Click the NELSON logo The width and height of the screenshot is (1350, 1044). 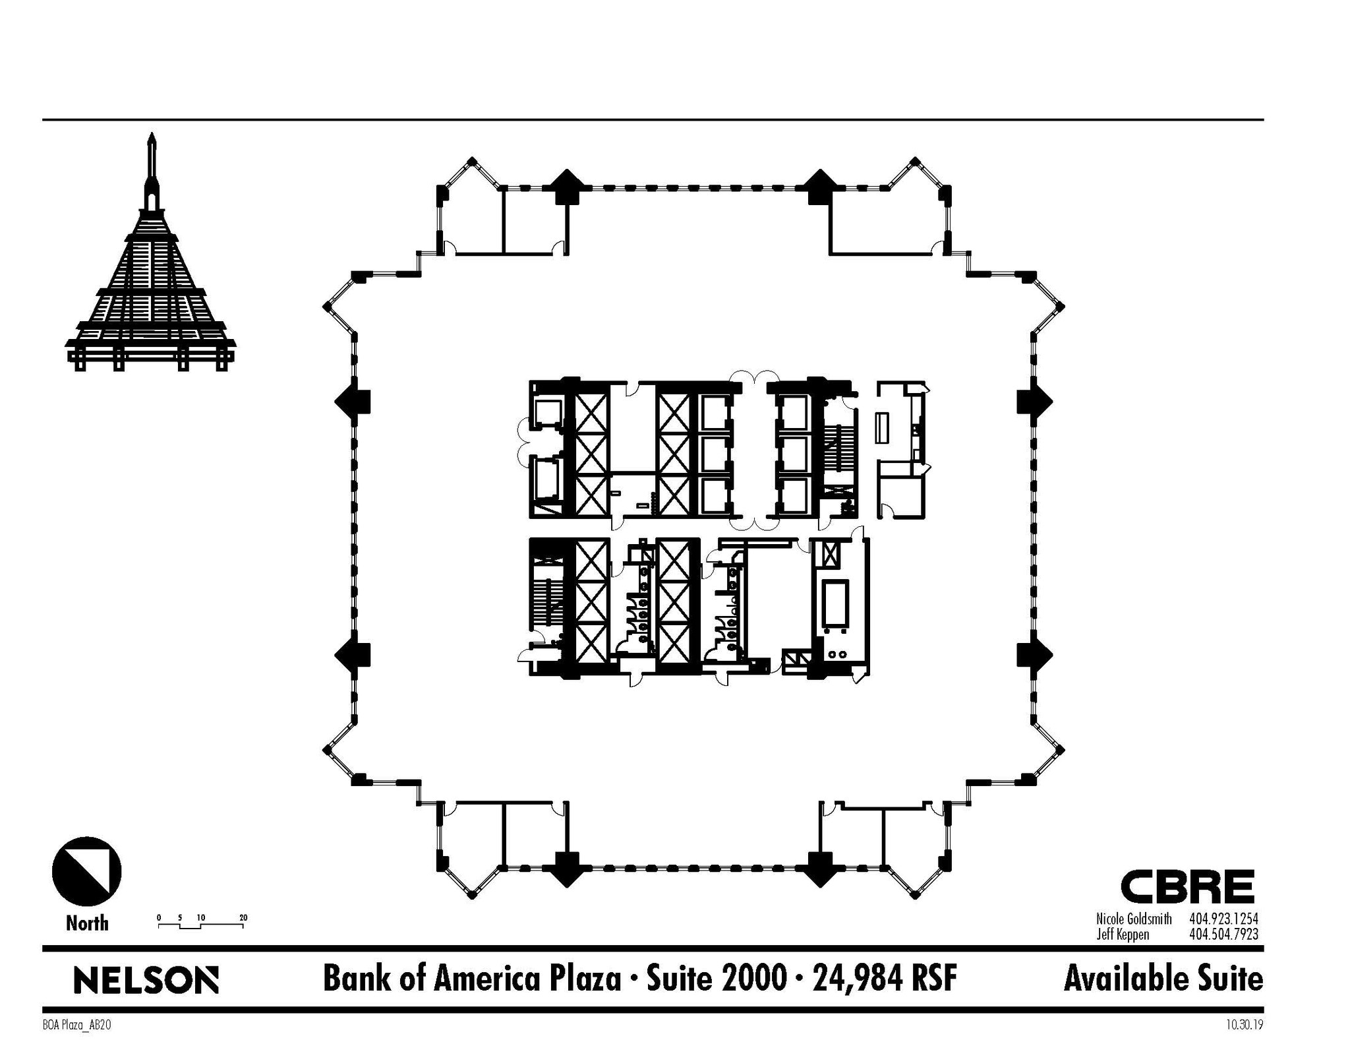click(x=146, y=980)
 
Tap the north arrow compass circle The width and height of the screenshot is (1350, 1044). click(x=86, y=871)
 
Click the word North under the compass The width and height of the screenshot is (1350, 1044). click(x=87, y=923)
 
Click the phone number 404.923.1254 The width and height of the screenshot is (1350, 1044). click(x=1223, y=919)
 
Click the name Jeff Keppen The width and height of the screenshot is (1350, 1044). click(x=1123, y=934)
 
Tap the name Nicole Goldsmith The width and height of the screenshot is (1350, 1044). click(x=1134, y=919)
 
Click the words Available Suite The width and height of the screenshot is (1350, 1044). click(x=1163, y=979)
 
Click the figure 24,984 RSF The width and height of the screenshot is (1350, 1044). click(x=885, y=979)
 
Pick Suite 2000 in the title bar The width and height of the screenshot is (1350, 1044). click(x=716, y=979)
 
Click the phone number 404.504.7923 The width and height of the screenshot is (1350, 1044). click(x=1223, y=934)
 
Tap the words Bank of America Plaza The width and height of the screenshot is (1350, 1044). click(x=471, y=979)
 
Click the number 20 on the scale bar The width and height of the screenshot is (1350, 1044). click(x=243, y=917)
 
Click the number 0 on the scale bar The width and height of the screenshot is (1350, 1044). click(x=159, y=917)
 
